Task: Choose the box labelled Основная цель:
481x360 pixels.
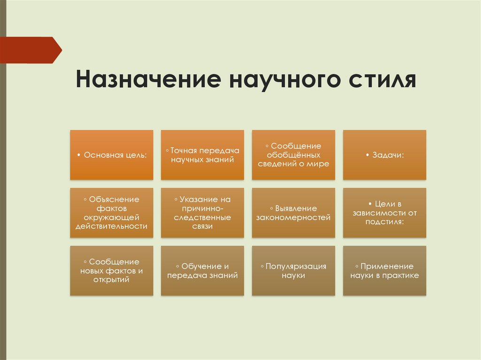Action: click(112, 155)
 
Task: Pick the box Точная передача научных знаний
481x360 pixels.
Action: click(202, 155)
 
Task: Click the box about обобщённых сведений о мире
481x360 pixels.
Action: click(294, 155)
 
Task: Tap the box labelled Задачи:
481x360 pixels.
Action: click(385, 155)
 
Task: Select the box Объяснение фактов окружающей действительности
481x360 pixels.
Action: click(112, 213)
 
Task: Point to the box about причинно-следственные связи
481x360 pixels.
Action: click(202, 213)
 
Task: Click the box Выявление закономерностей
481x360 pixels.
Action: click(294, 213)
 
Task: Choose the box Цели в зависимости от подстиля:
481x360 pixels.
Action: click(385, 213)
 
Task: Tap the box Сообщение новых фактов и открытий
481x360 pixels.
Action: click(112, 271)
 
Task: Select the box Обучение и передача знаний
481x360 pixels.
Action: click(202, 271)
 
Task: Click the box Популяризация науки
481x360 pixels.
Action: click(294, 271)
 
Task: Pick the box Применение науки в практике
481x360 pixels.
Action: click(385, 271)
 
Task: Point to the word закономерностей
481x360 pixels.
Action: click(294, 217)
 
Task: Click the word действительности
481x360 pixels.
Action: click(112, 226)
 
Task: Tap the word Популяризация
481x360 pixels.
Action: click(296, 266)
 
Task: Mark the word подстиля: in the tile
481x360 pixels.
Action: click(385, 222)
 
